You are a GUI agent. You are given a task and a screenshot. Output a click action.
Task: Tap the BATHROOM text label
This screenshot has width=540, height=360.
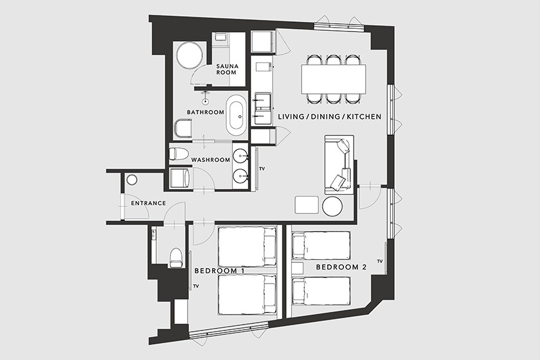(205, 113)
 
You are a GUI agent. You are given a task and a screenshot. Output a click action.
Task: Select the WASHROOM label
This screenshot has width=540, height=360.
(210, 160)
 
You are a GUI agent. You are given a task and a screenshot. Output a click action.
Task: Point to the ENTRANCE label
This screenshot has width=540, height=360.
(148, 203)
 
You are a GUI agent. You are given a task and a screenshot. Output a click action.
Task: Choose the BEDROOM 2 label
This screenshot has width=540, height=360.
(341, 267)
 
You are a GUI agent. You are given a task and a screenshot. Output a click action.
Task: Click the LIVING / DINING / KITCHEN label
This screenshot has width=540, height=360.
(330, 117)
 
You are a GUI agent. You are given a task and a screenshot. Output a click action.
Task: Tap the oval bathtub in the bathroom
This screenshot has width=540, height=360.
(237, 116)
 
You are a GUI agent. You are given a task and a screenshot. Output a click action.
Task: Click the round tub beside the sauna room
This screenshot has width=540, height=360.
(189, 55)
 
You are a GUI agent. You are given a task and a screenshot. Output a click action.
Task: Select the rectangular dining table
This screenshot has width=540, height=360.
(334, 79)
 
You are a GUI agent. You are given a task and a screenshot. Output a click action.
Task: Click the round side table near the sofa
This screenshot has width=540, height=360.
(332, 206)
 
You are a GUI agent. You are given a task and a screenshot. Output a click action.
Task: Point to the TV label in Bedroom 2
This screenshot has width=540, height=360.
(380, 262)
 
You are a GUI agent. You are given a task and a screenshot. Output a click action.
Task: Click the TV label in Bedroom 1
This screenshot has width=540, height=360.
(197, 286)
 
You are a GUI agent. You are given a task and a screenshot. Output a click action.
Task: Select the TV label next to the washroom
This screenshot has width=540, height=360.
(262, 169)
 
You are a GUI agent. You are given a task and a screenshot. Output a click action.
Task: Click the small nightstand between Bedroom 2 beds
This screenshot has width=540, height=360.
(298, 268)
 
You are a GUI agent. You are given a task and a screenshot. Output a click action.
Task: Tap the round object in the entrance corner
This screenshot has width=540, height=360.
(132, 180)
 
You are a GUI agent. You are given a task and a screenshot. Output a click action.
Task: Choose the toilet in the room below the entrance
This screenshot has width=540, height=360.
(175, 257)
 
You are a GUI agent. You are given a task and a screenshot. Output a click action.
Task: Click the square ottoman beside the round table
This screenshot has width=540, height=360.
(307, 205)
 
